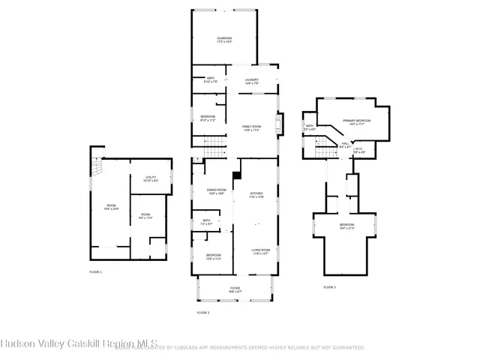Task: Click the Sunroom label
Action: [x=224, y=40]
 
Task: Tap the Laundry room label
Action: [x=253, y=81]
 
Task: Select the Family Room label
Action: [x=250, y=128]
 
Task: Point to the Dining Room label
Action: [x=216, y=191]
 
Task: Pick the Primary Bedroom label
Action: [x=355, y=121]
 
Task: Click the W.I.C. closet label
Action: [x=358, y=150]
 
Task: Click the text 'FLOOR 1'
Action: [x=95, y=271]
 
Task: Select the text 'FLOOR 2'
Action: [x=202, y=312]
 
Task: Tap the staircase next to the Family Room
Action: [x=214, y=143]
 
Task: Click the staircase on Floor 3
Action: [x=322, y=151]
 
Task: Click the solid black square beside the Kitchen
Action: [x=236, y=176]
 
